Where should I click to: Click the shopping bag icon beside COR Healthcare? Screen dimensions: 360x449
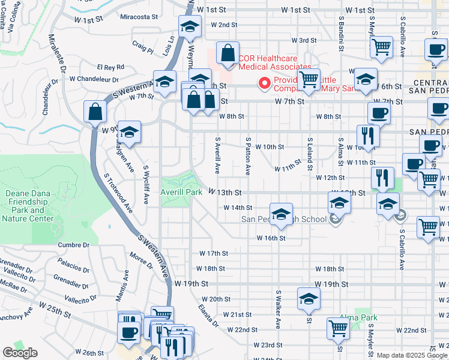tap(228, 53)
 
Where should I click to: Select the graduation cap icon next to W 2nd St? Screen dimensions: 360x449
tap(190, 27)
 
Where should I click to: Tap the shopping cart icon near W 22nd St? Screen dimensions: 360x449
tap(339, 329)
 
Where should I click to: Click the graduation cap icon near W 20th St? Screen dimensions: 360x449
tap(309, 299)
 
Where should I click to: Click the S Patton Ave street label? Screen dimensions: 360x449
tap(247, 155)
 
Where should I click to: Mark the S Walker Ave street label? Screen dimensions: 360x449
tap(278, 309)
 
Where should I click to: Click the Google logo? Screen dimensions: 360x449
tap(20, 353)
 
